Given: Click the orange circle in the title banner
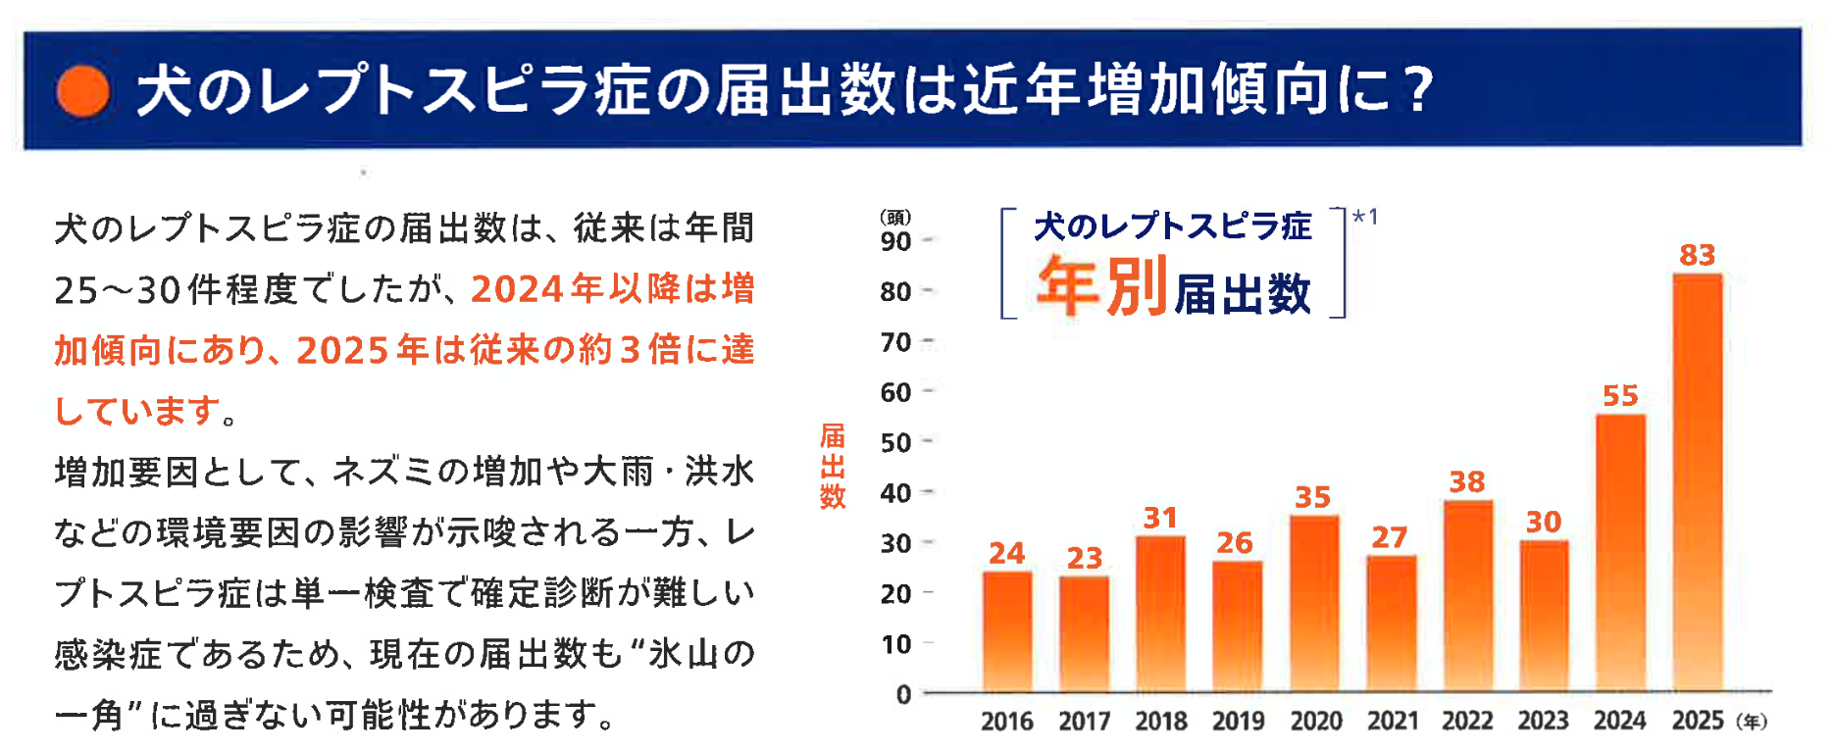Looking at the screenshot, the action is tap(83, 91).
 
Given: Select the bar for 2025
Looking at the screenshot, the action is tap(1698, 482).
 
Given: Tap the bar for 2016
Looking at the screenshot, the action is tap(1007, 631).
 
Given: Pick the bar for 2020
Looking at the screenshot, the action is tap(1314, 604).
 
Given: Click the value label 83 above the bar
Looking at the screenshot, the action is tap(1698, 255).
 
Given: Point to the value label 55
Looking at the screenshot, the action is tap(1620, 395).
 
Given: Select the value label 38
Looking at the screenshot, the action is tap(1467, 481).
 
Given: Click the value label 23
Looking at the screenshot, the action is tap(1085, 558).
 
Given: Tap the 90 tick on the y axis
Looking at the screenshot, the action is tap(895, 241).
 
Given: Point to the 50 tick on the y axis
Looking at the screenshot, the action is tap(895, 443).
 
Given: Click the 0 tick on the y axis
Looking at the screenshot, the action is tap(903, 694).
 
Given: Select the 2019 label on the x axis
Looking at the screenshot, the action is tap(1238, 722).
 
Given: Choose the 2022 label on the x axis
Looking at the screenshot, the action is tap(1467, 721).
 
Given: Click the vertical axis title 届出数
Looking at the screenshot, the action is tap(833, 466).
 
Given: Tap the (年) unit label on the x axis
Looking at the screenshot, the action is tap(1752, 722).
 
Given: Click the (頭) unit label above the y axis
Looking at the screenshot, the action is tap(895, 217).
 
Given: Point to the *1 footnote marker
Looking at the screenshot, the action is tap(1366, 217).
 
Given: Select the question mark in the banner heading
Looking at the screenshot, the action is tap(1417, 89).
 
